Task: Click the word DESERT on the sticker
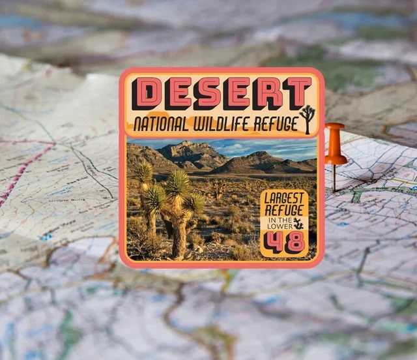[x=222, y=93]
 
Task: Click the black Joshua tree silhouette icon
[x=307, y=118]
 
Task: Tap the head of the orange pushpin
[x=335, y=143]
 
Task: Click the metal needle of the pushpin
[x=334, y=177]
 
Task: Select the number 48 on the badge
[x=285, y=242]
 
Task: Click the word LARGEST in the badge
[x=284, y=198]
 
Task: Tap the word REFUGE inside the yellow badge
[x=284, y=211]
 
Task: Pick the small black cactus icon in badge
[x=298, y=224]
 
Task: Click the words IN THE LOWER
[x=276, y=224]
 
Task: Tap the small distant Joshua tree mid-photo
[x=217, y=189]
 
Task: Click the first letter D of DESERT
[x=147, y=93]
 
